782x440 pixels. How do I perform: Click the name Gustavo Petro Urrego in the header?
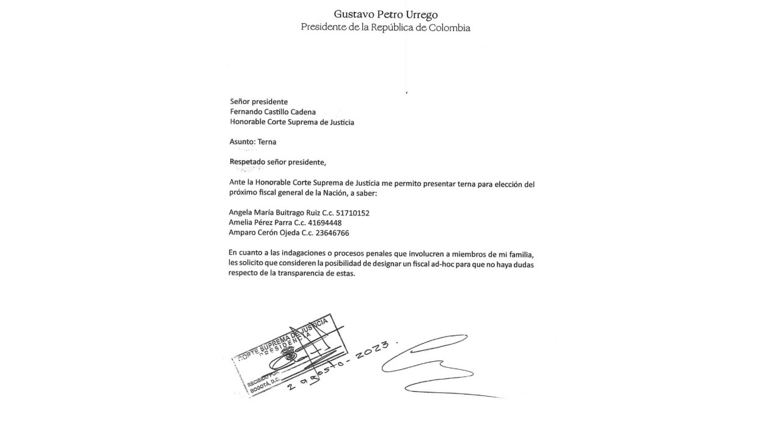(386, 14)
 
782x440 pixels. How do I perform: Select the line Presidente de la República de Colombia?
(386, 28)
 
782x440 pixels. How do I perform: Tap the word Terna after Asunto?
(267, 142)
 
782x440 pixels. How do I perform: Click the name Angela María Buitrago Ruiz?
(269, 213)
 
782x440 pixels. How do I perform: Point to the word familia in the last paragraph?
(526, 253)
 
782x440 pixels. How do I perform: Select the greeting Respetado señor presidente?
(278, 162)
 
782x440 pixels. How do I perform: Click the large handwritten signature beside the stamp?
(434, 364)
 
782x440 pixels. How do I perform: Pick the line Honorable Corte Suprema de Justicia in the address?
(292, 122)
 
